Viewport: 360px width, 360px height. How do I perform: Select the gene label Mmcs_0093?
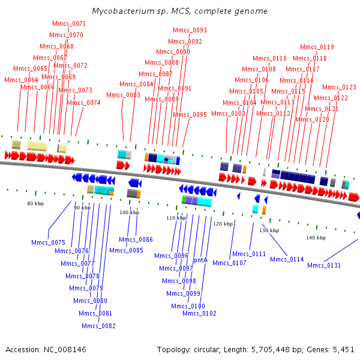click(190, 30)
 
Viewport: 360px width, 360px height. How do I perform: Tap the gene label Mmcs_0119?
click(317, 47)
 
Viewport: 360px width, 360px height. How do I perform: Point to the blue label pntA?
click(200, 260)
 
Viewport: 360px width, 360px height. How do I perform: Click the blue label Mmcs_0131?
click(324, 265)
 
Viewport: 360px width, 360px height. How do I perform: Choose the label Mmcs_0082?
click(98, 326)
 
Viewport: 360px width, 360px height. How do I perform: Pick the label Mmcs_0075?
click(48, 242)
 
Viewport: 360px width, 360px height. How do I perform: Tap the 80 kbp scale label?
click(35, 203)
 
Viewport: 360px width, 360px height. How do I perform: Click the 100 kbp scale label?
click(128, 212)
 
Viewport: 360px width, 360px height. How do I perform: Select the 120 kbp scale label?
click(223, 224)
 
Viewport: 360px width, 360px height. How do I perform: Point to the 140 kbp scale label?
click(316, 238)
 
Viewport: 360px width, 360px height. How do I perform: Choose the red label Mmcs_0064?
click(21, 80)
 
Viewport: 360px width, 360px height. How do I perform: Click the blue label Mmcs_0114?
click(287, 259)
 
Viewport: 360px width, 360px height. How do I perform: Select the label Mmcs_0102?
click(199, 313)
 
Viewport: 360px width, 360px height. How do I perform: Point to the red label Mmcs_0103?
click(228, 113)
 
